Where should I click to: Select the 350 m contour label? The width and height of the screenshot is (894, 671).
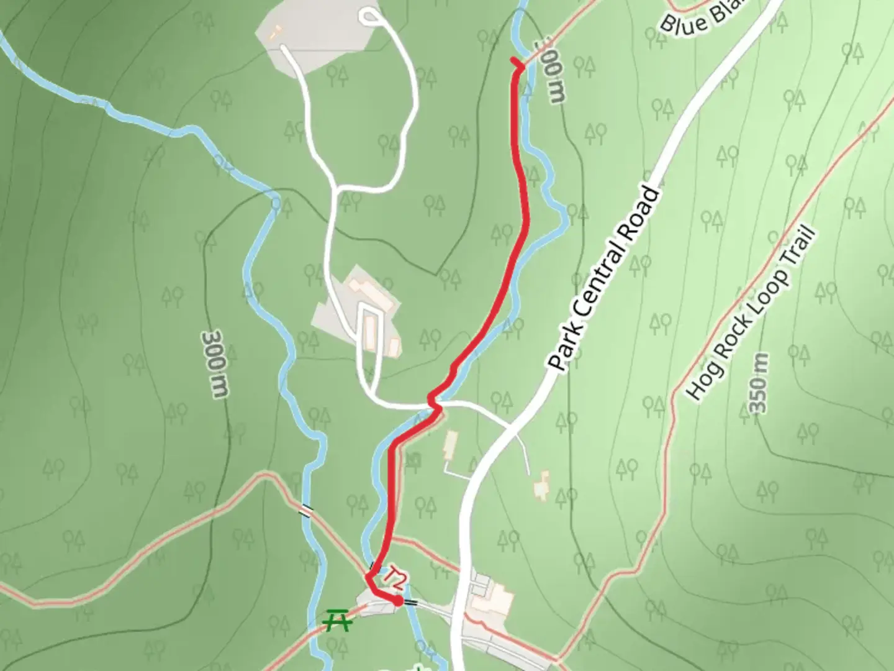[x=758, y=383]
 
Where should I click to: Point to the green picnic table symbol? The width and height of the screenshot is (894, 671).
[x=336, y=620]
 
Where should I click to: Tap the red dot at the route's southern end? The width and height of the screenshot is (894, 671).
[x=397, y=601]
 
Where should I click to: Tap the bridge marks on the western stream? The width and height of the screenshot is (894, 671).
[x=305, y=510]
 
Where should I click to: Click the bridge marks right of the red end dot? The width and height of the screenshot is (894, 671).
[x=410, y=602]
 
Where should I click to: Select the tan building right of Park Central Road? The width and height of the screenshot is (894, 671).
[x=542, y=485]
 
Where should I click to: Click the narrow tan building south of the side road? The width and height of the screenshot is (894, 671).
[x=450, y=445]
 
